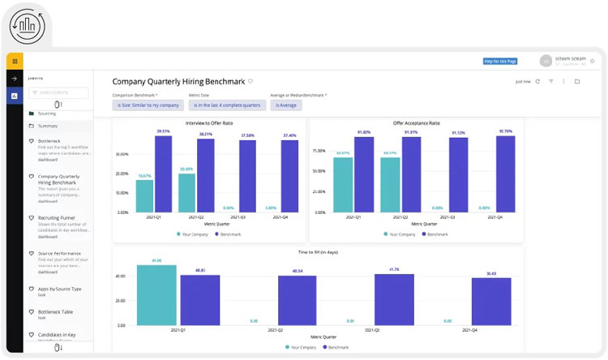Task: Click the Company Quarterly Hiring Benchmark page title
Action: click(178, 81)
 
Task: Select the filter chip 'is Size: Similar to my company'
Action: click(148, 105)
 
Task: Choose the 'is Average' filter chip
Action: click(287, 105)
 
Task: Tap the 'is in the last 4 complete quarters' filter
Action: click(226, 105)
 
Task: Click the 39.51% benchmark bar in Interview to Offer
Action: click(164, 174)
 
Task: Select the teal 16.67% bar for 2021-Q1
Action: click(144, 195)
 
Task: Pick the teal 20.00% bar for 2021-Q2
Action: click(186, 193)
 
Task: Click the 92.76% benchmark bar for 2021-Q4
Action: click(505, 174)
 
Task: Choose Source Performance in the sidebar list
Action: click(58, 253)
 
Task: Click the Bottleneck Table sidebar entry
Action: click(56, 311)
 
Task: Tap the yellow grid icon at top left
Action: click(15, 61)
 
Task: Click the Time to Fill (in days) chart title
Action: click(318, 252)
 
